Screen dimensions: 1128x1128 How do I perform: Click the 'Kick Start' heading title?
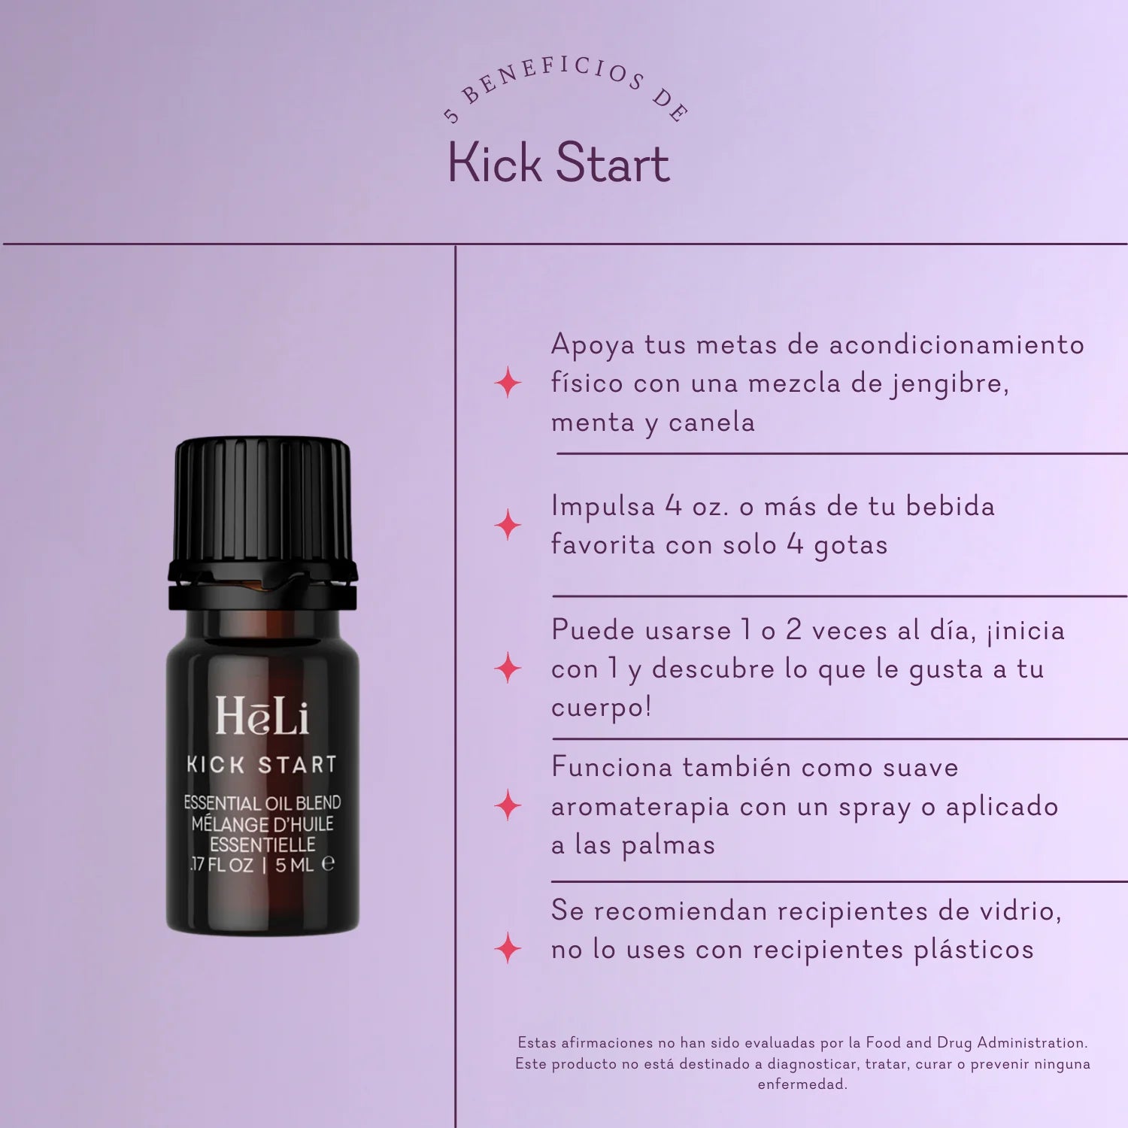point(559,163)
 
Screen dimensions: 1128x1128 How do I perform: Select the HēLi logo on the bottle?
point(262,716)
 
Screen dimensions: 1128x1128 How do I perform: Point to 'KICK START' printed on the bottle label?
point(262,765)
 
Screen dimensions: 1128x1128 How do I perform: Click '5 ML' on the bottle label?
point(294,865)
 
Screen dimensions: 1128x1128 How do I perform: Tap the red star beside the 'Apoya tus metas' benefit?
point(508,383)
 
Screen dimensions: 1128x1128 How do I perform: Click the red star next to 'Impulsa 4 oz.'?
point(508,525)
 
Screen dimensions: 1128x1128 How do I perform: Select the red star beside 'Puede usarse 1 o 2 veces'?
point(508,668)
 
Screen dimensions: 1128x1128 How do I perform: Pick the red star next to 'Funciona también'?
point(508,805)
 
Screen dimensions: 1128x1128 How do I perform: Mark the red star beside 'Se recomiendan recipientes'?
point(508,948)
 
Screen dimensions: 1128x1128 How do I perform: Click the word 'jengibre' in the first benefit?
point(950,384)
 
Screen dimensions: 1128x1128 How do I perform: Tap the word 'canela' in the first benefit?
point(711,423)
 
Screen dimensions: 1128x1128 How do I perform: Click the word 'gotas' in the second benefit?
point(851,546)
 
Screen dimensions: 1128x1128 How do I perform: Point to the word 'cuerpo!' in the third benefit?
point(601,708)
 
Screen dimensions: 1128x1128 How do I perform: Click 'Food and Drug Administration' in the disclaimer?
point(976,1043)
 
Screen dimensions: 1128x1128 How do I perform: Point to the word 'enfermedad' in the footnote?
point(802,1084)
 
